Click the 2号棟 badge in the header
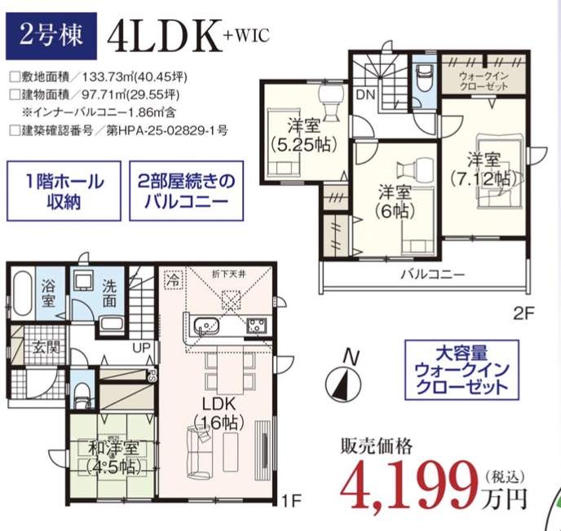[51, 36]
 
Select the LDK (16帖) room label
[219, 414]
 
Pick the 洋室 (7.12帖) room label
[484, 169]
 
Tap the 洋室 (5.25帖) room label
[304, 135]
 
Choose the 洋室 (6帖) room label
[395, 201]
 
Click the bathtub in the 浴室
[22, 293]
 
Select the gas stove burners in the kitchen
[257, 326]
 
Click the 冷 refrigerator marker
[174, 279]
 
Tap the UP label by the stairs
[141, 348]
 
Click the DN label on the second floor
[365, 95]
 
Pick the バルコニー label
[432, 274]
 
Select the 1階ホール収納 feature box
[64, 191]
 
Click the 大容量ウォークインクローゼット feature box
[462, 370]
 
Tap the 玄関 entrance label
[46, 347]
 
